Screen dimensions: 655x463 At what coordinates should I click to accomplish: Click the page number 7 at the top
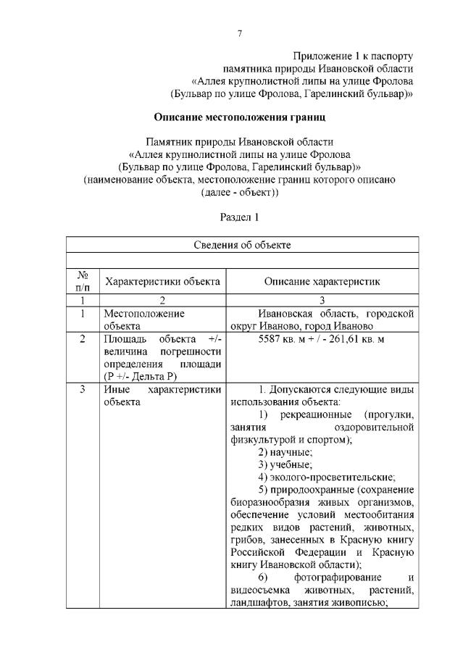tap(239, 33)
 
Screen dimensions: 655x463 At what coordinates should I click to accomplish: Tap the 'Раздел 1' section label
tap(239, 217)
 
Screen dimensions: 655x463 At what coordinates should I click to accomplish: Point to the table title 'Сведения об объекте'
tap(242, 245)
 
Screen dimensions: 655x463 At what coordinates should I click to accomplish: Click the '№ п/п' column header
tap(83, 281)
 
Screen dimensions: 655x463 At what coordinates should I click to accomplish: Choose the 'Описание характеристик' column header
tap(321, 281)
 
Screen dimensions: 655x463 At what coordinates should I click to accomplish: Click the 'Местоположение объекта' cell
tap(144, 320)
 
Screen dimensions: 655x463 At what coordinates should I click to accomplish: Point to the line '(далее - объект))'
tap(239, 193)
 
